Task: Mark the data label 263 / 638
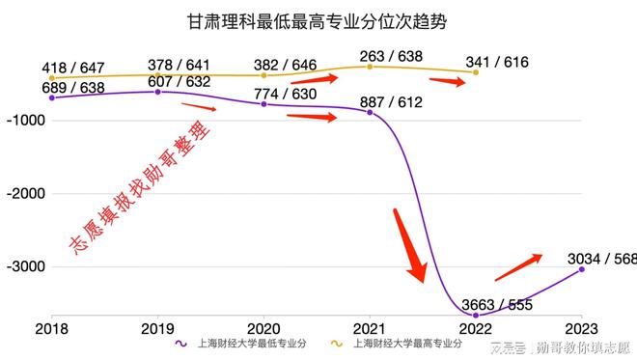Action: (391, 56)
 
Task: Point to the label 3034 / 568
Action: (602, 259)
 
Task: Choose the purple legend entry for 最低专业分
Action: (240, 346)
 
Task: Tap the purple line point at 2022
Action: (476, 315)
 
